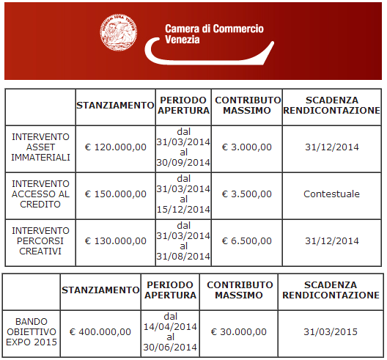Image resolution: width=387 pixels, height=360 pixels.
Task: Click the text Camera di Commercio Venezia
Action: click(x=214, y=34)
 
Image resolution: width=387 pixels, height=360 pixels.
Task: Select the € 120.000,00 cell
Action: click(x=116, y=147)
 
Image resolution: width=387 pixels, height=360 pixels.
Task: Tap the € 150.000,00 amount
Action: click(x=116, y=194)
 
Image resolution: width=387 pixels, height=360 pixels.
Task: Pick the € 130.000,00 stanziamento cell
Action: click(x=116, y=240)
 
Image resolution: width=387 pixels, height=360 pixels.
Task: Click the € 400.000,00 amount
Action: click(x=100, y=331)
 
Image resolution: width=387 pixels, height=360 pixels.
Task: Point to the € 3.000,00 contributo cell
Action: click(x=246, y=147)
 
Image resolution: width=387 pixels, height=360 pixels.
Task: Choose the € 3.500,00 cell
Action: click(x=246, y=194)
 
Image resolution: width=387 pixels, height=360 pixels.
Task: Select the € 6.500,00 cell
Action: click(x=246, y=240)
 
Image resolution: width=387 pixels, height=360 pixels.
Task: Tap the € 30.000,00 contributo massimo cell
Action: click(x=238, y=331)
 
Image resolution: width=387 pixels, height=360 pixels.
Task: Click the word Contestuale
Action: click(x=331, y=194)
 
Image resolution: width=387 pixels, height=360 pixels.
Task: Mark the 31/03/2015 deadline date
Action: click(x=331, y=331)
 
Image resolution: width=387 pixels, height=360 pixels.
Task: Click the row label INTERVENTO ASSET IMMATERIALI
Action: click(x=40, y=147)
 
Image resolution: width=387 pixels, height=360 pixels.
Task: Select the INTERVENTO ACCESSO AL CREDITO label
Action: click(x=40, y=194)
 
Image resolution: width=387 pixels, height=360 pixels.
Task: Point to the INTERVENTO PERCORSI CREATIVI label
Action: click(x=40, y=240)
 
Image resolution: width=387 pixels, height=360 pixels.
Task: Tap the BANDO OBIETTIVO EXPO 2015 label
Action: click(x=31, y=331)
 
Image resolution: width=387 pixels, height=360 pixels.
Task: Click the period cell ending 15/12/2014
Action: click(x=183, y=194)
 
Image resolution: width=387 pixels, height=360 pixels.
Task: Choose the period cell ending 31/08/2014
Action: click(x=183, y=240)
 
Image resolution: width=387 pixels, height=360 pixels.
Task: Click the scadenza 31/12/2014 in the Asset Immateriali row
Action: click(x=331, y=147)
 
